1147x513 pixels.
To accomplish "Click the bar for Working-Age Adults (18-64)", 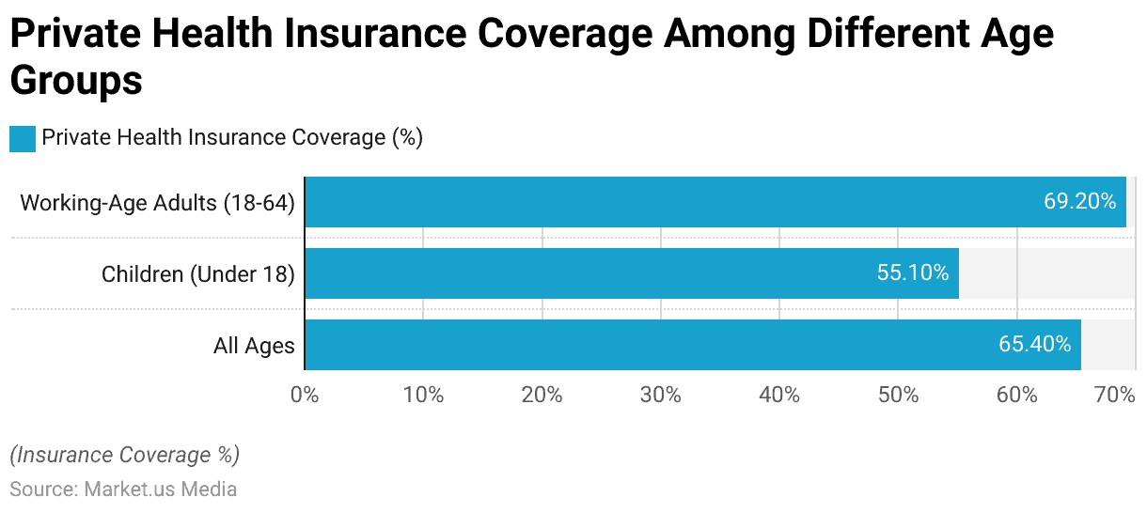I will [715, 202].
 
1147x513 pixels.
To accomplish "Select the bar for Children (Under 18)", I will [631, 273].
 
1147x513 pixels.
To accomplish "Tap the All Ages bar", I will [692, 345].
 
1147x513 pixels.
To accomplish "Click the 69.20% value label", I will [1079, 202].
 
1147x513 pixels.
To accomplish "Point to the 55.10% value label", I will [912, 273].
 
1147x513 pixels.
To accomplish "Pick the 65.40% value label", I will [1034, 345].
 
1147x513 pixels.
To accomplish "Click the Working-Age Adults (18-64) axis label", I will [157, 202].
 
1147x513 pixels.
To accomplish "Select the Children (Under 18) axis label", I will [197, 273].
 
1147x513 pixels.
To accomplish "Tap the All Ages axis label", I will [254, 346].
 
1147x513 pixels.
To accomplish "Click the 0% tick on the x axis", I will [305, 395].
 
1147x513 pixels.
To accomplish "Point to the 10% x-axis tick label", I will [423, 395].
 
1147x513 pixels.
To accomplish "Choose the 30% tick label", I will [660, 395].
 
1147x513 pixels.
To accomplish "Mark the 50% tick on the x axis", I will [898, 395].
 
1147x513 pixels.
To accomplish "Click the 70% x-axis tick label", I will [1116, 395].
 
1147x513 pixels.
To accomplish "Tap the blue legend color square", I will [23, 138].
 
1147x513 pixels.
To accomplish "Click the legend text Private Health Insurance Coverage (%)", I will [232, 138].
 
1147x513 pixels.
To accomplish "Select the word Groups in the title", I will [76, 81].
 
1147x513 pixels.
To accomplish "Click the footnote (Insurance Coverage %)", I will [125, 456].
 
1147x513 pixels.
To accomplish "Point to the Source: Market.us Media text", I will [123, 490].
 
